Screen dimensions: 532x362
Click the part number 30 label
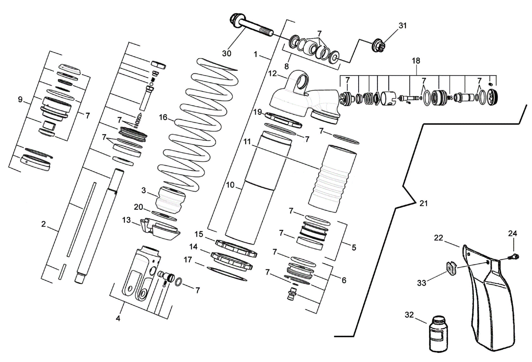[x=227, y=53]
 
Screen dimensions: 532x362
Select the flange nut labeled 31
[x=379, y=46]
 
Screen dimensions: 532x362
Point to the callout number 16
[x=163, y=117]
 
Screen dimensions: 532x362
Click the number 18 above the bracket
[x=416, y=61]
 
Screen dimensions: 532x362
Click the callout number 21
[x=423, y=203]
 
